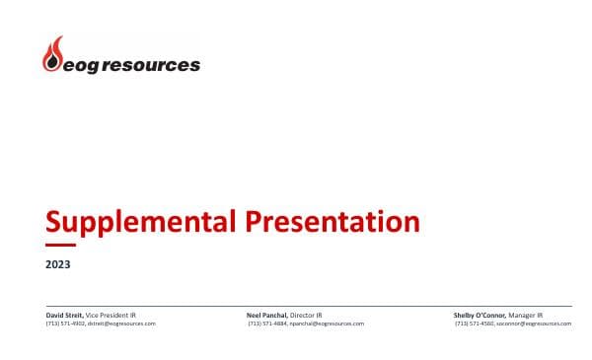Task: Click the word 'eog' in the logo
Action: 80,66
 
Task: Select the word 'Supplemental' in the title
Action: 135,221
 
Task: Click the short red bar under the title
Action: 61,244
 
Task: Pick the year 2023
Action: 58,264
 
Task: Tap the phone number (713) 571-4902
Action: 65,323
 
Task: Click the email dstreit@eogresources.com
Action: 122,323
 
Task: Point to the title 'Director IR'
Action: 307,315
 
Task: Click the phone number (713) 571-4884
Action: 267,323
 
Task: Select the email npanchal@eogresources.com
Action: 327,323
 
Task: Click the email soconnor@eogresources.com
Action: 534,323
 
